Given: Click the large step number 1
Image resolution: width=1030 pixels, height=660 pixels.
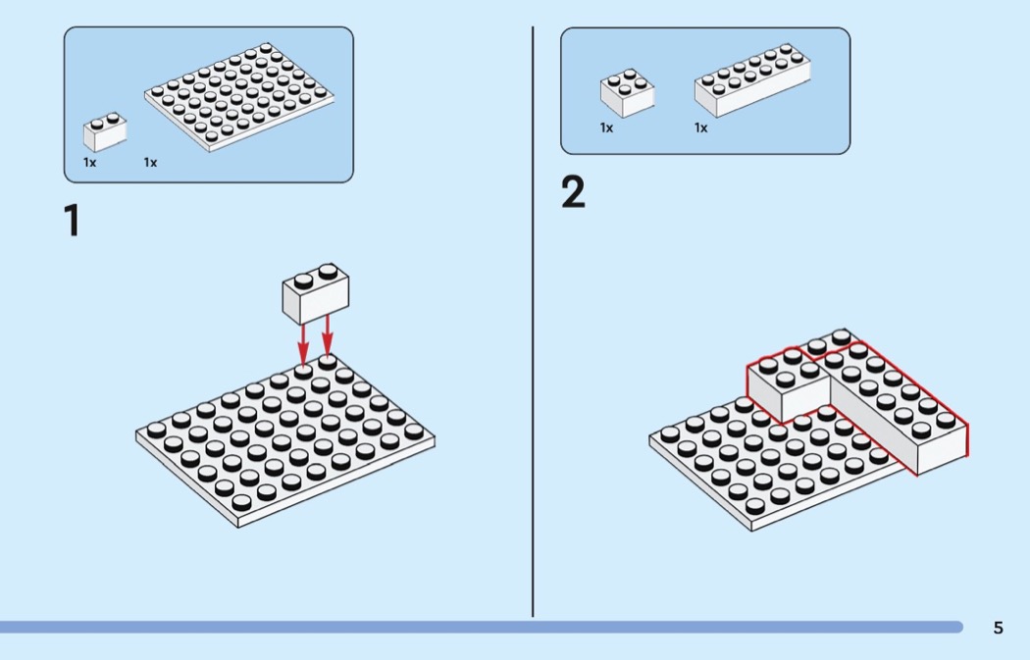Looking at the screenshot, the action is [73, 220].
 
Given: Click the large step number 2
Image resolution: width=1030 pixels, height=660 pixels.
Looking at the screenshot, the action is [573, 192].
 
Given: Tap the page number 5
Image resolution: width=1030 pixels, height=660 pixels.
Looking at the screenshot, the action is [998, 628].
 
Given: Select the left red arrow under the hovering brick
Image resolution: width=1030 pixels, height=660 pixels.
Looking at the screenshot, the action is [303, 343].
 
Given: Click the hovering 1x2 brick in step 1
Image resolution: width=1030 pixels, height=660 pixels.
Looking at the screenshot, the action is [316, 294].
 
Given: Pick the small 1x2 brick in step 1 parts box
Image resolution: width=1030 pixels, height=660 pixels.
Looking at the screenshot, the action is [105, 132].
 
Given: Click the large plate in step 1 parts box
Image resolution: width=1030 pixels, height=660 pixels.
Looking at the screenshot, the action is [239, 97].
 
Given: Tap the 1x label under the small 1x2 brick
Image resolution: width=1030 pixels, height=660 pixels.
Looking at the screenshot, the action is [90, 162].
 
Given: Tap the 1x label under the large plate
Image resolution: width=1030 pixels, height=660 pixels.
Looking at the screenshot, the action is [150, 162].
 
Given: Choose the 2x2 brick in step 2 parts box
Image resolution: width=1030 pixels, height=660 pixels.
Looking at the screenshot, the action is [628, 93].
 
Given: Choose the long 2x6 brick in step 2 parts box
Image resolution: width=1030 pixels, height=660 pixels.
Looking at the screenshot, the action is [752, 80].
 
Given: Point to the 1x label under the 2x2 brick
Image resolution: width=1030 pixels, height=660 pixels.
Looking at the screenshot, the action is [606, 127].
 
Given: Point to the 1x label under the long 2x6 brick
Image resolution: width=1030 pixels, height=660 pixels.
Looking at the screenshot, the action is [701, 127].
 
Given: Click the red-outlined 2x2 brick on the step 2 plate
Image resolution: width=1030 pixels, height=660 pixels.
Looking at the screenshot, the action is [788, 384].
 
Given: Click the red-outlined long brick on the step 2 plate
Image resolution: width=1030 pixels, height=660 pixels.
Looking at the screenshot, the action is [898, 407].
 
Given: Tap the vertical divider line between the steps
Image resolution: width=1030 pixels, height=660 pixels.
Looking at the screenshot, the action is [533, 322].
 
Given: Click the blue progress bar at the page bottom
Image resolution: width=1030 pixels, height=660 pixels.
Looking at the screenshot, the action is [482, 628].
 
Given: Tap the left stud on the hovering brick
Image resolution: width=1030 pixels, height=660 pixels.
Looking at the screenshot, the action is [303, 280].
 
